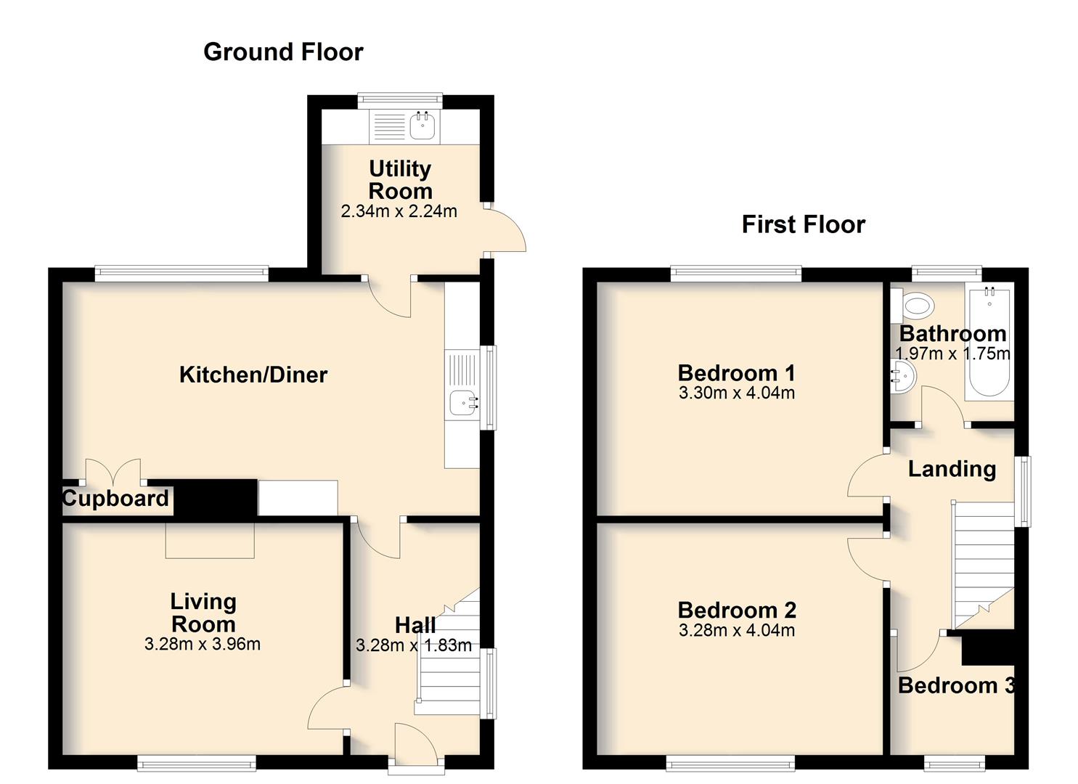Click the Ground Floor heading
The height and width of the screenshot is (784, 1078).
pos(283,52)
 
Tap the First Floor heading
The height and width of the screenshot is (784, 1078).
pos(803,224)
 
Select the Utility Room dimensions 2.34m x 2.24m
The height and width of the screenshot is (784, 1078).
pos(399,211)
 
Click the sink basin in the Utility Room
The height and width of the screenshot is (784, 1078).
pos(422,126)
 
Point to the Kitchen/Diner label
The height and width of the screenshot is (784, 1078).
pos(253,375)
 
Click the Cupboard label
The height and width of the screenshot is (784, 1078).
pos(115,498)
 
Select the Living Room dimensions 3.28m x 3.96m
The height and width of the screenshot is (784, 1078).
pos(203,644)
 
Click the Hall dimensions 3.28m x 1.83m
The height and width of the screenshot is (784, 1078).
pos(414,645)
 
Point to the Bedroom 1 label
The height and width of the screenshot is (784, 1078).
pos(736,373)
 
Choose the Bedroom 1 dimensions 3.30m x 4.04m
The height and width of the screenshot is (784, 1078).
pos(737,393)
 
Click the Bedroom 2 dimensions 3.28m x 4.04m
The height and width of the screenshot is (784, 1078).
pos(737,630)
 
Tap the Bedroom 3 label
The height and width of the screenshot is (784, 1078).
pos(956,685)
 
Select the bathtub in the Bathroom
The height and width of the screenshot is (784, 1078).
pos(989,341)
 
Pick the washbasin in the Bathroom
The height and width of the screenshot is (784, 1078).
pos(903,378)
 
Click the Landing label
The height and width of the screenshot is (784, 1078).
pos(952,469)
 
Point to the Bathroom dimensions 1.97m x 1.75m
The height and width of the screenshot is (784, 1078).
pos(953,354)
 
